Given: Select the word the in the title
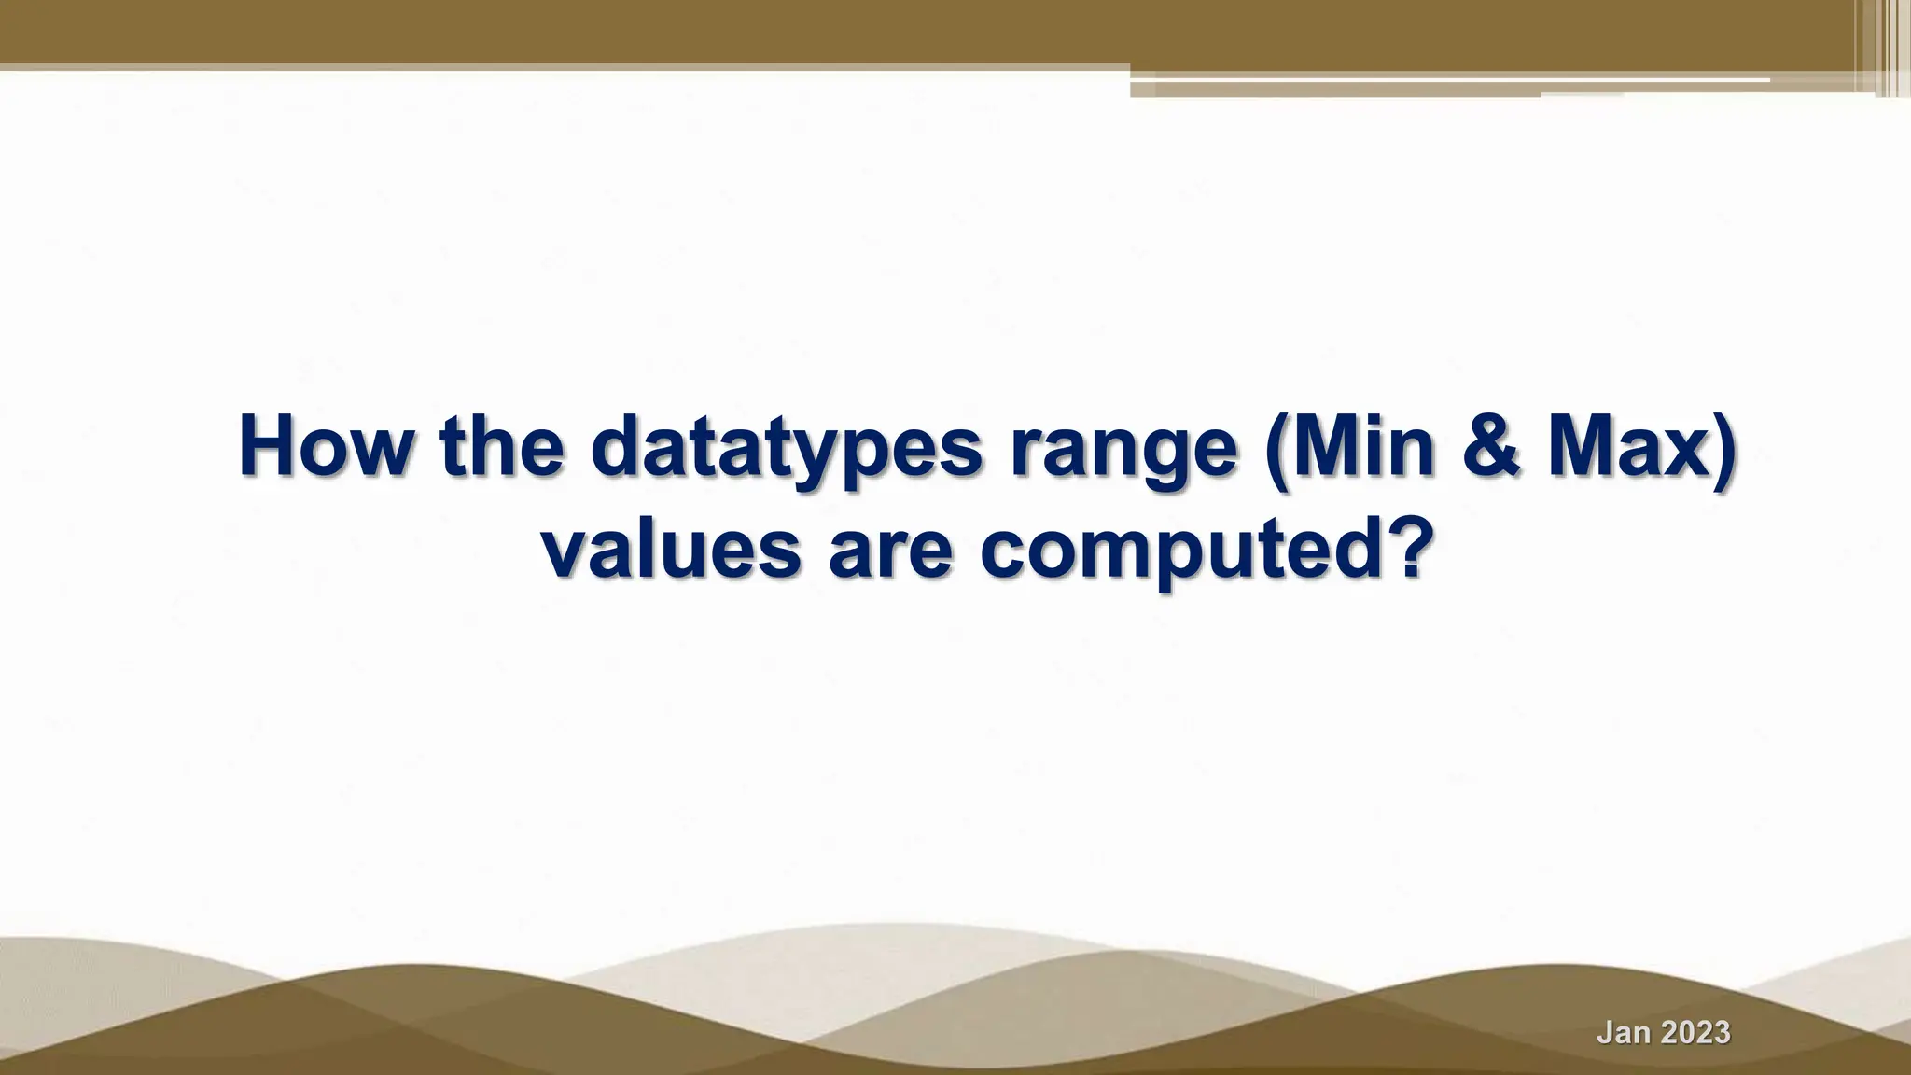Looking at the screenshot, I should point(502,447).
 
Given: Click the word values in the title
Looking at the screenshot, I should point(671,550).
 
